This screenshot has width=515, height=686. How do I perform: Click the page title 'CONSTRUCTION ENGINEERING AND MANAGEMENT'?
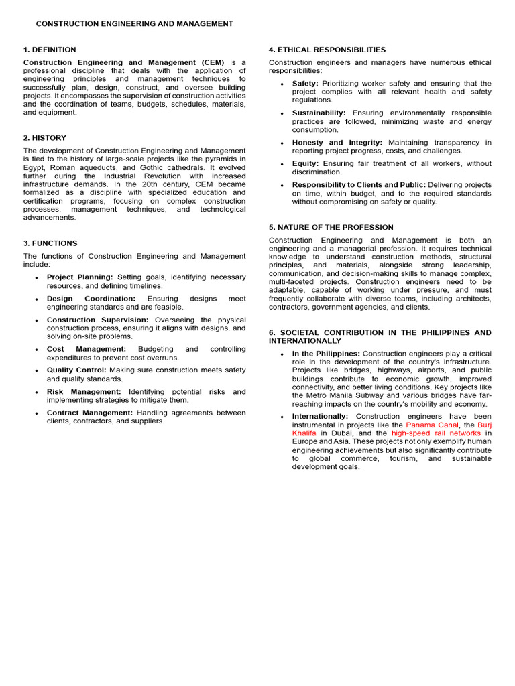[134, 24]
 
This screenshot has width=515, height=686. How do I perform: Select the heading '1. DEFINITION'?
[50, 50]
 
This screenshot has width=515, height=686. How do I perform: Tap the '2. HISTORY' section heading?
[45, 138]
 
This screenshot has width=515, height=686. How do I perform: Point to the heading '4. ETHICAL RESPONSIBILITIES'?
[327, 50]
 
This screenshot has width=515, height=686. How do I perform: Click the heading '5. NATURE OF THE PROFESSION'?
[331, 228]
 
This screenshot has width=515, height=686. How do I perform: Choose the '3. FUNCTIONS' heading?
[50, 243]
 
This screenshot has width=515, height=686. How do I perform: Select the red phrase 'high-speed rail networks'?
[436, 433]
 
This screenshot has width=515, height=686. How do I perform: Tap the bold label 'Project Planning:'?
[80, 277]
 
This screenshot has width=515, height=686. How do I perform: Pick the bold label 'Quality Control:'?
[76, 370]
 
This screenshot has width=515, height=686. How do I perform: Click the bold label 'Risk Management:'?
[84, 392]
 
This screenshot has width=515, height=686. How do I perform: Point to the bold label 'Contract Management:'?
[90, 413]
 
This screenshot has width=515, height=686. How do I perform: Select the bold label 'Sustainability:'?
[319, 113]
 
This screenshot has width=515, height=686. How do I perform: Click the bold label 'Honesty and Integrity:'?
[337, 143]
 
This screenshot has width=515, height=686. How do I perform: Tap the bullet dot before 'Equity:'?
[282, 165]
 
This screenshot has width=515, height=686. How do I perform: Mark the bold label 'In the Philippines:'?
[327, 354]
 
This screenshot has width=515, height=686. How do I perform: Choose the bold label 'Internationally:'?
[320, 417]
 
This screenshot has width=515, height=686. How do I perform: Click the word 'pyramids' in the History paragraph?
[211, 159]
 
